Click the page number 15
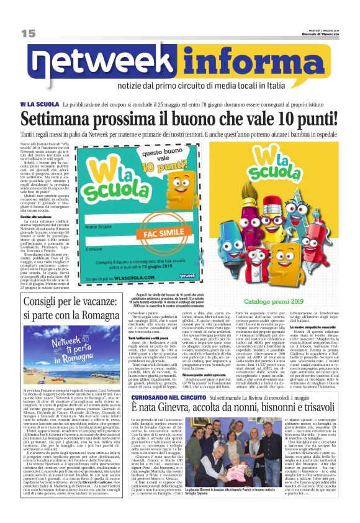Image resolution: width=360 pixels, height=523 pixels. click(x=28, y=33)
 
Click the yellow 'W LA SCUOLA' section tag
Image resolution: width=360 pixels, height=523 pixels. click(x=39, y=104)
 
